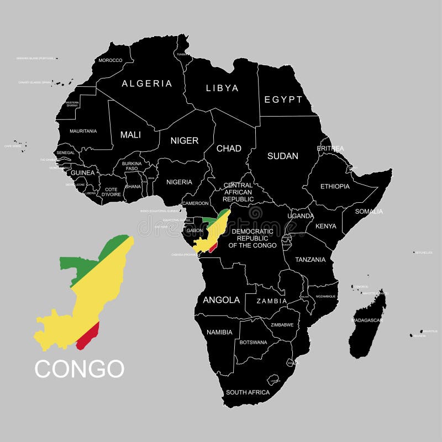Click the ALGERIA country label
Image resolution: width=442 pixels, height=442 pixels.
coord(146,83)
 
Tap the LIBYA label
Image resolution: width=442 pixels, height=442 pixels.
coord(222,88)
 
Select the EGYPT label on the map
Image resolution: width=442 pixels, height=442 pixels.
coord(283,99)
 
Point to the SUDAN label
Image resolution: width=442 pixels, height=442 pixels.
coord(282,156)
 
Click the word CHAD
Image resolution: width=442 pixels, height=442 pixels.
coord(228,148)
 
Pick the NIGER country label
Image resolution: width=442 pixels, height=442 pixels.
coord(184,140)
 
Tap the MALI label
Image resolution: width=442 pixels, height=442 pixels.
coord(130,134)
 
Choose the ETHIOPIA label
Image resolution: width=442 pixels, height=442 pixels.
coord(335,186)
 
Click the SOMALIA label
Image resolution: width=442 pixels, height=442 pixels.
coord(369,211)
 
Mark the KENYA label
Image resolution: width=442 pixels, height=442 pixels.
coord(325,226)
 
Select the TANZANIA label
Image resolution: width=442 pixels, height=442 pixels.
coord(310,259)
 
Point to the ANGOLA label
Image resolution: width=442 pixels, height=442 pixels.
coord(222,300)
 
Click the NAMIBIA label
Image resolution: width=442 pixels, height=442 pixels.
coord(219,333)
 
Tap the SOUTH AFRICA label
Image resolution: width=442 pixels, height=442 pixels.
coord(248,392)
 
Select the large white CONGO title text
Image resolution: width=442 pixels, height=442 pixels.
coord(80,369)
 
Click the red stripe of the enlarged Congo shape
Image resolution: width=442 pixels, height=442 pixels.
coord(88,336)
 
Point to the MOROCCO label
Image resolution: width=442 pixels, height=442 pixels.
coord(110,60)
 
